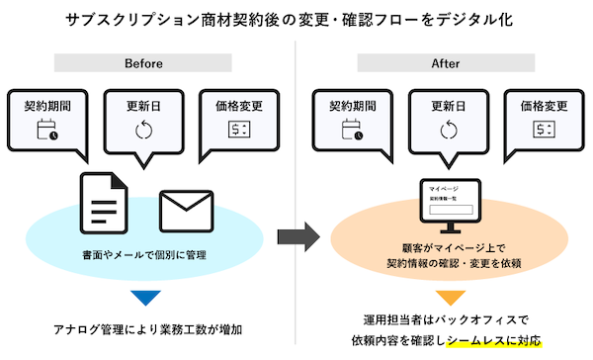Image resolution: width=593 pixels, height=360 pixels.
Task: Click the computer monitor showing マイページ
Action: click(x=449, y=204)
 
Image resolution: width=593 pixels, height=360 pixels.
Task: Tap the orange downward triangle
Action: click(x=450, y=297)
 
